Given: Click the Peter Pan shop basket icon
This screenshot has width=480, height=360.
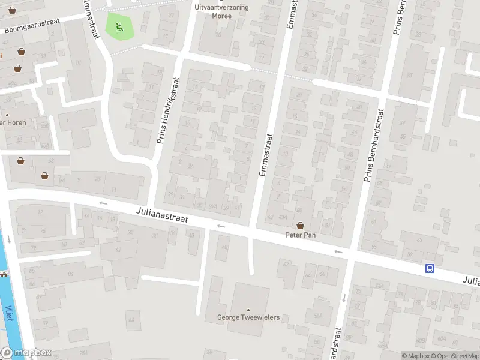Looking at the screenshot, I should [300, 226].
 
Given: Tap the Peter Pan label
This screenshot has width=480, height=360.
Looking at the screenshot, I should [300, 235].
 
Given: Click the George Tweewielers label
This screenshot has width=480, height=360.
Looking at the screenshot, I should [248, 317].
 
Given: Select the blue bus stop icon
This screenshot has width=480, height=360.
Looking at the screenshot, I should [430, 268].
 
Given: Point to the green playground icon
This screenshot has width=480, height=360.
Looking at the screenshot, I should [119, 26].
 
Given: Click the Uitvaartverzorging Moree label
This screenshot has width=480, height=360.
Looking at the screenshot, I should [222, 11].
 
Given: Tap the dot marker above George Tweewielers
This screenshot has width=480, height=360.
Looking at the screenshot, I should [248, 310].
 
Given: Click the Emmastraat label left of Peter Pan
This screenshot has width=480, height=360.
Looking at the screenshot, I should [264, 154].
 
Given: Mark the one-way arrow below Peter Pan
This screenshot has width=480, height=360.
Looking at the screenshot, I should [339, 252].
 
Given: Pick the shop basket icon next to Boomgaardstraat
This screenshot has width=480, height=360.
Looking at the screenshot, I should [21, 52].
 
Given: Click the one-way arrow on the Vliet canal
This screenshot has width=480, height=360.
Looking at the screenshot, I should [10, 239].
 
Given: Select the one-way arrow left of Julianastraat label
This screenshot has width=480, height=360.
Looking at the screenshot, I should [103, 203].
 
